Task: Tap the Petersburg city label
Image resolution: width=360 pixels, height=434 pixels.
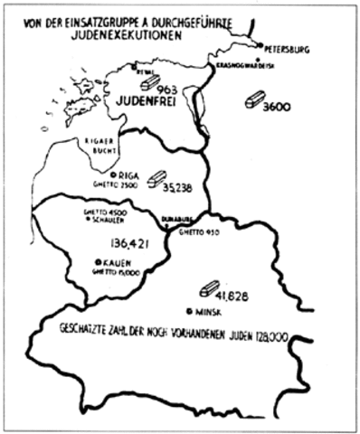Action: click(288, 50)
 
